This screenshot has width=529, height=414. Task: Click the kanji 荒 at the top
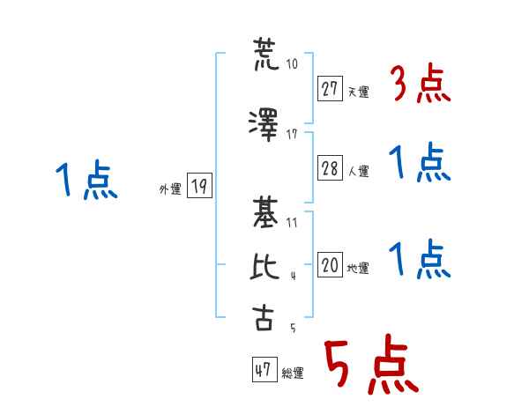266,54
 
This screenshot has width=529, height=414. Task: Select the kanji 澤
264,125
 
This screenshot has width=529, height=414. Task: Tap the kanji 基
265,213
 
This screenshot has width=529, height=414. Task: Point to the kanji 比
264,266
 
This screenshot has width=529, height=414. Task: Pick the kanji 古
263,317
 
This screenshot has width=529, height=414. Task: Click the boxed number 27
330,89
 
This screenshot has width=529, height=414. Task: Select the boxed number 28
330,168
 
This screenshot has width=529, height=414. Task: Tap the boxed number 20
330,264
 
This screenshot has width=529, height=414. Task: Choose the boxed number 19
199,186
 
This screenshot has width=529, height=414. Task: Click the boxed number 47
264,369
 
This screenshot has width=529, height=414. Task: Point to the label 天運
359,92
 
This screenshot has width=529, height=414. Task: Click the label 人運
359,171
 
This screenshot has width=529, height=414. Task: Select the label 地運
358,268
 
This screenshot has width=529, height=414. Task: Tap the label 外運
170,189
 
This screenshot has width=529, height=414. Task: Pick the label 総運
293,373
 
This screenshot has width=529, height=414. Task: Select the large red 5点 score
372,364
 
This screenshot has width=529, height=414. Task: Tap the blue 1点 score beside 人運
420,162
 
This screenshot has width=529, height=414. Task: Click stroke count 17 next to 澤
292,135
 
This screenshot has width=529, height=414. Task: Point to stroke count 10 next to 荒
292,63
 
